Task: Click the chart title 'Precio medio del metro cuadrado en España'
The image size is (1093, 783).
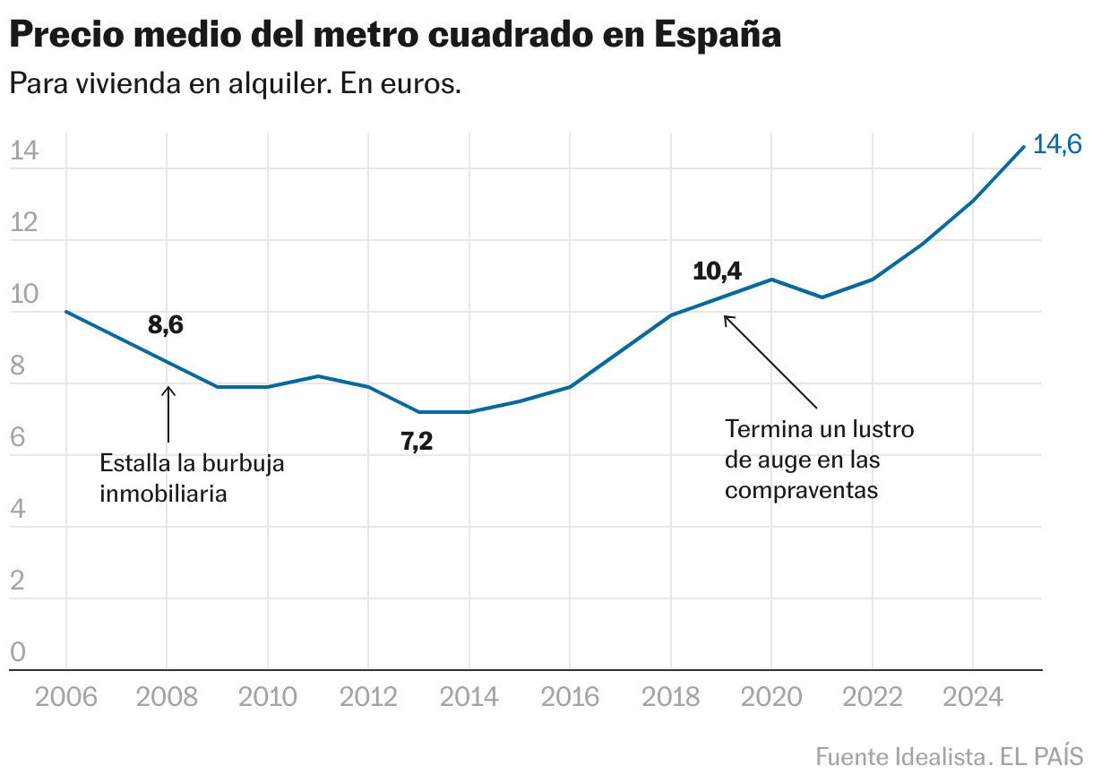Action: click(395, 35)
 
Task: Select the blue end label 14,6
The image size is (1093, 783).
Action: click(1057, 144)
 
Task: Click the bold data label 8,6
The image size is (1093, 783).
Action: click(166, 326)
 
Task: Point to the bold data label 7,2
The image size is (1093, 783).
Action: click(417, 441)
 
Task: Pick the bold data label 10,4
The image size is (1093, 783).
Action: click(718, 271)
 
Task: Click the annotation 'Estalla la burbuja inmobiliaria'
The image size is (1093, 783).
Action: click(192, 478)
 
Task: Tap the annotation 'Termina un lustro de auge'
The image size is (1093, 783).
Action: click(819, 460)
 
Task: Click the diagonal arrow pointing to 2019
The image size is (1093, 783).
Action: click(770, 361)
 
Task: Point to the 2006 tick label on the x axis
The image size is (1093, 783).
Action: click(66, 698)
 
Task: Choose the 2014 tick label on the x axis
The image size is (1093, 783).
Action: click(469, 698)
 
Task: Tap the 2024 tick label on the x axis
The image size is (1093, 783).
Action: click(972, 698)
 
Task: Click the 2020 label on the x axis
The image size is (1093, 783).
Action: click(770, 698)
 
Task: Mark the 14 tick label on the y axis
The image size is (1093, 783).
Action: click(23, 151)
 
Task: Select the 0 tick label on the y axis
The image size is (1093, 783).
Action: click(18, 653)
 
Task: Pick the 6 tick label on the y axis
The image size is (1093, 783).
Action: click(18, 438)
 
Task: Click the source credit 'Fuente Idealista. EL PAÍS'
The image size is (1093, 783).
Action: click(949, 756)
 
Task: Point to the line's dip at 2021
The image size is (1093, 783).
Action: click(822, 297)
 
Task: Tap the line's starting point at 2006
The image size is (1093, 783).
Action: click(66, 312)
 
